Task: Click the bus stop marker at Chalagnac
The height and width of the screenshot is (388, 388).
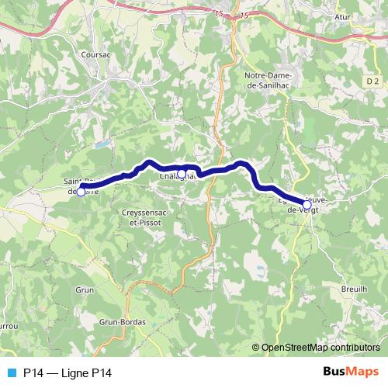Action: coord(181,174)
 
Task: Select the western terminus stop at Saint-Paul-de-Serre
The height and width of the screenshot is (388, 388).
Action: coord(81,191)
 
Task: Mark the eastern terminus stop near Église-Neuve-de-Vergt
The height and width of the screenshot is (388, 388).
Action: coord(307,205)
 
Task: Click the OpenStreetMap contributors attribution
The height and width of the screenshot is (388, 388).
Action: coord(318,348)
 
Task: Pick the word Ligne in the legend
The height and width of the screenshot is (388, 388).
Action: coord(77,372)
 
